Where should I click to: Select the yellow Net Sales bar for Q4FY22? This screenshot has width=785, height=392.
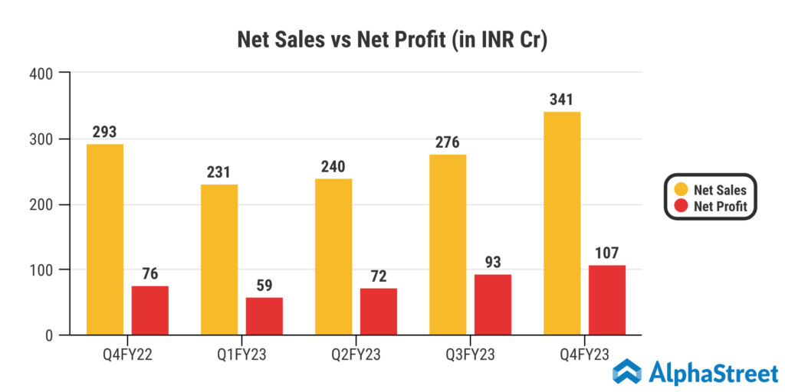tap(105, 240)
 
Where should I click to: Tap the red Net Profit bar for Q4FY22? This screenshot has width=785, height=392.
tap(150, 310)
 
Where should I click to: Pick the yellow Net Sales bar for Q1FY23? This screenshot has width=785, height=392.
tap(219, 260)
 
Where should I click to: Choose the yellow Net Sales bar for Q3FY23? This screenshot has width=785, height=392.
tap(448, 245)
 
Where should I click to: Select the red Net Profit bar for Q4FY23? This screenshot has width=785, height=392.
tap(607, 300)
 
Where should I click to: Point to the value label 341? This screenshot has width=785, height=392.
tap(561, 100)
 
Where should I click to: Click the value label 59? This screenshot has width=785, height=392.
tap(264, 285)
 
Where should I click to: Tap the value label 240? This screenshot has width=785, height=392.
tap(333, 167)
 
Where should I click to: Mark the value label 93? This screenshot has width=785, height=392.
tap(493, 262)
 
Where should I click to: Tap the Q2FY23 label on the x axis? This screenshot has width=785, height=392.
tap(356, 354)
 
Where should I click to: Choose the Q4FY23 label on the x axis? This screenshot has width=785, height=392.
tap(584, 354)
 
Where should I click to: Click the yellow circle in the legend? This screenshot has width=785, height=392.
tap(680, 189)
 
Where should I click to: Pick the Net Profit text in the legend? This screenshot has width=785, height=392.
tap(721, 206)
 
